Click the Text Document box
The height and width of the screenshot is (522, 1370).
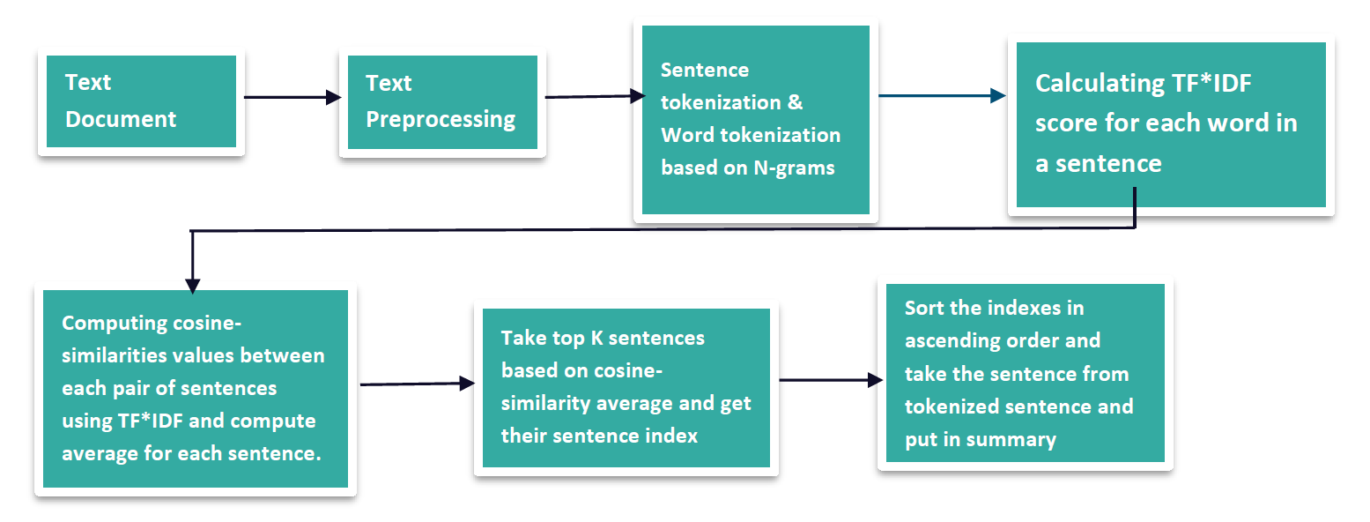tap(141, 101)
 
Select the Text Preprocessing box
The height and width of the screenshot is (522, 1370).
tap(443, 102)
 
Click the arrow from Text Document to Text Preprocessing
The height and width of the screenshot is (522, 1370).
tap(293, 97)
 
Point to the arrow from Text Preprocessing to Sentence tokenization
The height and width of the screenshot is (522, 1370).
tap(595, 96)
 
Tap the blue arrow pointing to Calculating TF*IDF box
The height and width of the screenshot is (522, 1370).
tap(942, 95)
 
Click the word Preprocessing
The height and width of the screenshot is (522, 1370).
tap(441, 119)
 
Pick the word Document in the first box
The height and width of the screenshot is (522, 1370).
tap(121, 119)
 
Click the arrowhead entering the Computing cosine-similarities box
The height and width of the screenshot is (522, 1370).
tap(193, 286)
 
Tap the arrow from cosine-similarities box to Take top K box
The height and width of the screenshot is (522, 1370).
tap(418, 384)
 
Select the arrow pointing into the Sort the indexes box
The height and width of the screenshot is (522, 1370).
tap(831, 380)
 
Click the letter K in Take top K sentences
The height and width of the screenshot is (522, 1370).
tap(596, 338)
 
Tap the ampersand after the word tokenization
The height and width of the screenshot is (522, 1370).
tap(795, 102)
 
